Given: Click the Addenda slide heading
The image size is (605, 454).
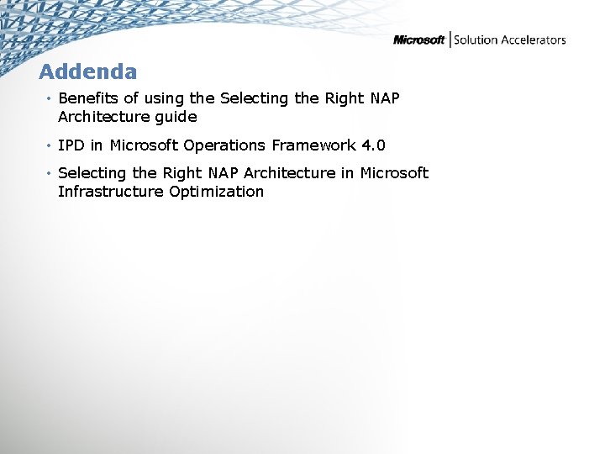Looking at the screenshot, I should [87, 71].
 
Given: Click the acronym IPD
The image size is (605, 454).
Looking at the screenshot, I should [71, 145].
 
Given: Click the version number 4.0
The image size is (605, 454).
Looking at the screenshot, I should [373, 145].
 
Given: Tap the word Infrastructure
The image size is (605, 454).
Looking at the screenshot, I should [112, 192].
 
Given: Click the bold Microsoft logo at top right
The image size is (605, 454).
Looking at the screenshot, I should [419, 40].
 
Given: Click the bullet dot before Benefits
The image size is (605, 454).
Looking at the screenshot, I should [50, 99].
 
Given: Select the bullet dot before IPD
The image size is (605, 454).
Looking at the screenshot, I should [50, 146].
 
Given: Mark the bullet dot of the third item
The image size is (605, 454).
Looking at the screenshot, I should [50, 174].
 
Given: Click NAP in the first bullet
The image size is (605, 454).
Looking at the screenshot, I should [384, 98].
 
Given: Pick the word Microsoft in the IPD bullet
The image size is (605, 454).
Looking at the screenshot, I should [143, 145].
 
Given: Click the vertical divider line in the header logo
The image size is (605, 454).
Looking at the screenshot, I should [450, 40].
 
